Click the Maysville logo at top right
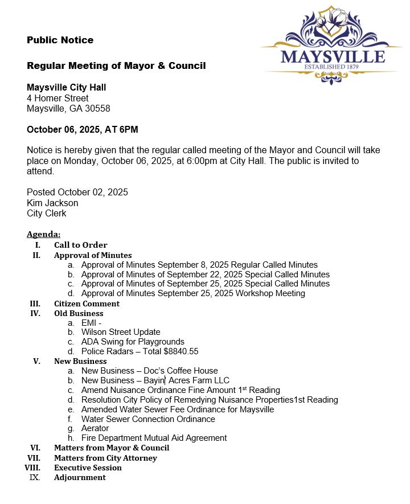coord(332,46)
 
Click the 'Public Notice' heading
coord(60,40)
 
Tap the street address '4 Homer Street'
coord(58,98)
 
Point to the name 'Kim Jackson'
coord(52,203)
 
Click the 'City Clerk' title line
coord(46,213)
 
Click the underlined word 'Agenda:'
coord(43,234)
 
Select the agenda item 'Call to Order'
coord(80,245)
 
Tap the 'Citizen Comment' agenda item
coord(87,304)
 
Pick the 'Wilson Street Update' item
coord(121,332)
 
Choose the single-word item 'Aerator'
coord(95,428)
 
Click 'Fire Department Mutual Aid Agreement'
coord(154,438)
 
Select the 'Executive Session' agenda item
coord(88,468)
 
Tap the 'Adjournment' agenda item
coord(80,477)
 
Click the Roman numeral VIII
coord(33,468)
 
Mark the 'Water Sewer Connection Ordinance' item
coord(148,419)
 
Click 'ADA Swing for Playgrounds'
coord(133,342)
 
